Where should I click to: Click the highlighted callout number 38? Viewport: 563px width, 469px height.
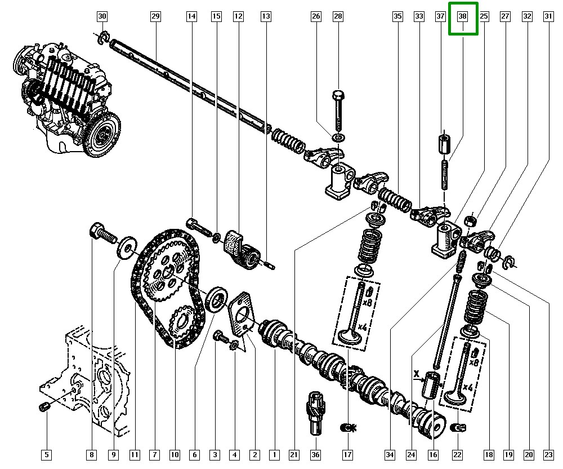(x=463, y=17)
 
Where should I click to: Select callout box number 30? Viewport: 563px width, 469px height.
(x=102, y=17)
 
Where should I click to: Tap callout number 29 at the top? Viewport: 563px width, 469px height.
(x=156, y=17)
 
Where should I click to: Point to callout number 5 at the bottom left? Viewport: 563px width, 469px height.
(x=47, y=454)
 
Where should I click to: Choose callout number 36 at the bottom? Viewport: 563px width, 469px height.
(x=315, y=454)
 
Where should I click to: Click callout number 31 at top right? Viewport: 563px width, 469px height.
(x=548, y=17)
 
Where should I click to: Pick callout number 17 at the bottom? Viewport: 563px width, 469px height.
(x=347, y=454)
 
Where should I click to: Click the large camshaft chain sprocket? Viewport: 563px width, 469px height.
(x=168, y=272)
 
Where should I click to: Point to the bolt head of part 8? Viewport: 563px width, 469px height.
(x=96, y=231)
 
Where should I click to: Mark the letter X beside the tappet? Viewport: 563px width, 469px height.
(x=417, y=373)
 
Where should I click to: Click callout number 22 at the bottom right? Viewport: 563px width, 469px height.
(x=458, y=454)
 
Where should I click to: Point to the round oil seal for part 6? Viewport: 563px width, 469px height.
(x=217, y=298)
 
